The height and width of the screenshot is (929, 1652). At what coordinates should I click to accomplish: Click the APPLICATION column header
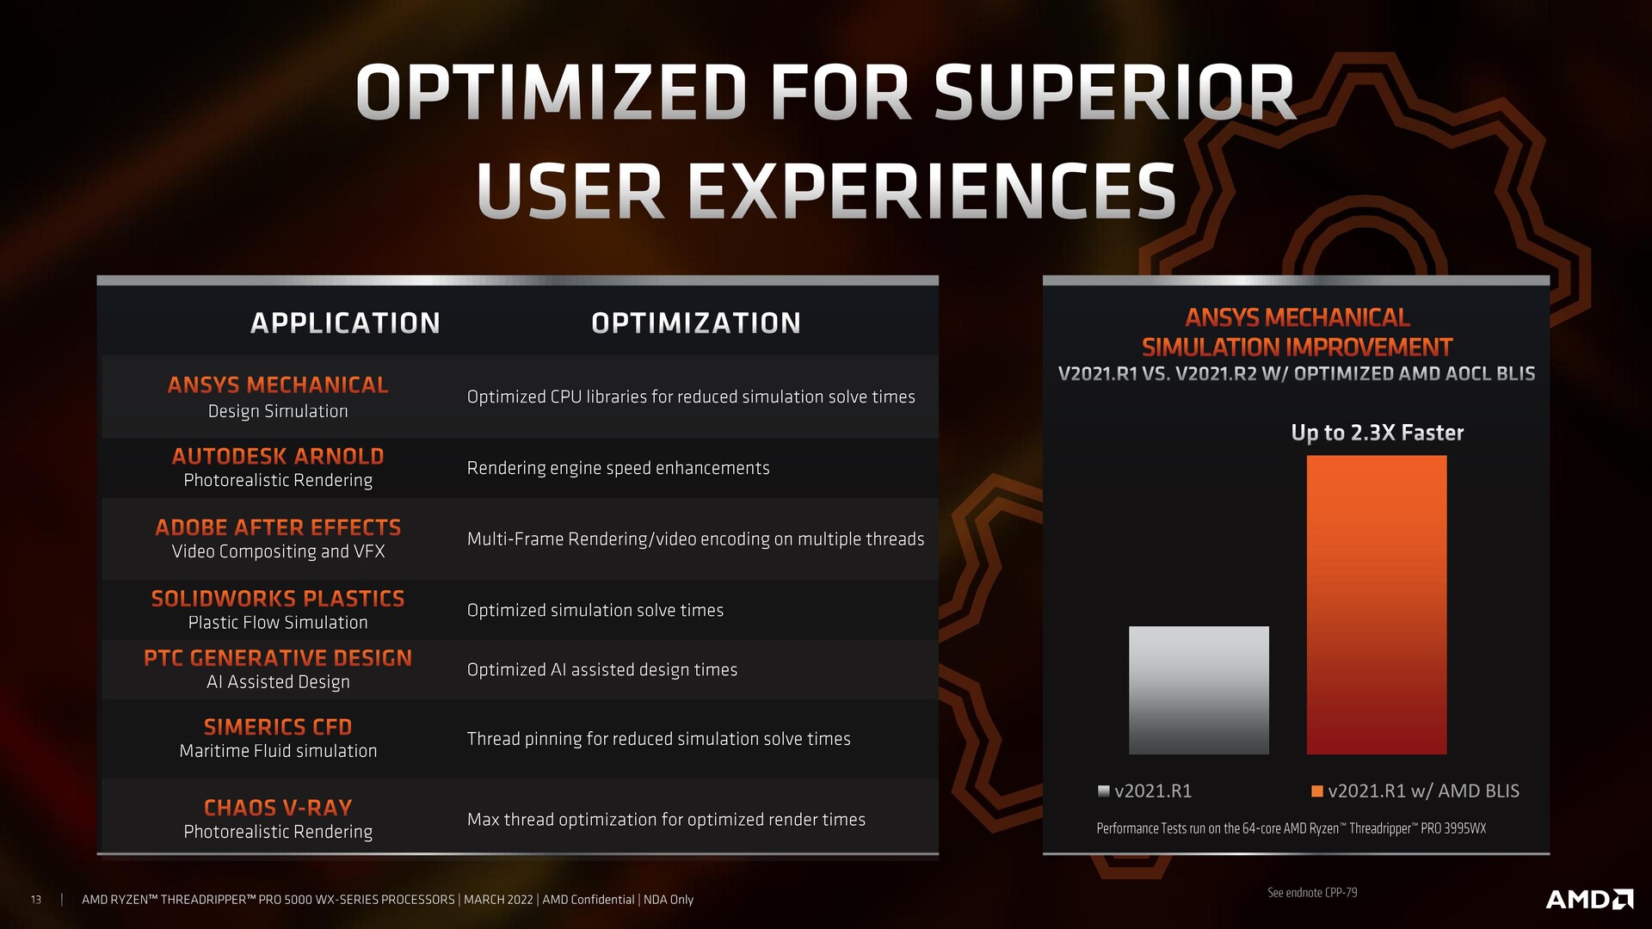(x=345, y=323)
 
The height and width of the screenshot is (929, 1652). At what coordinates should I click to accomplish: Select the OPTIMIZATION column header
(x=696, y=323)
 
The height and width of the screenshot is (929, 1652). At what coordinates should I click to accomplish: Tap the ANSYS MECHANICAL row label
(x=278, y=385)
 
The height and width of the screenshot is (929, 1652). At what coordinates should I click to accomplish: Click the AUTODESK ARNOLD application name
(x=278, y=456)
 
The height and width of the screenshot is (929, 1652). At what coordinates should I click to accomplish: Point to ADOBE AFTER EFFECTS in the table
(x=278, y=527)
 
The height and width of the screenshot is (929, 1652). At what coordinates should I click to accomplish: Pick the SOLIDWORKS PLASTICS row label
(x=278, y=598)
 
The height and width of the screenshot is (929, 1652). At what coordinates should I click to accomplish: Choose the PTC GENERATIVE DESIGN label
(x=278, y=658)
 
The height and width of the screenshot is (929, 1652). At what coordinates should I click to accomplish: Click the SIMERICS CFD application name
(x=278, y=727)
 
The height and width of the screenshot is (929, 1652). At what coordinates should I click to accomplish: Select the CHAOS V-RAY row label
(x=278, y=808)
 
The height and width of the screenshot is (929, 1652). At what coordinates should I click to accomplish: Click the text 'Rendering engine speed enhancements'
(x=619, y=468)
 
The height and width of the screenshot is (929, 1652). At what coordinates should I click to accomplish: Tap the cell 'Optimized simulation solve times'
(x=595, y=610)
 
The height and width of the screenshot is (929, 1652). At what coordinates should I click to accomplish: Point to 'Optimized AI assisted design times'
(x=602, y=669)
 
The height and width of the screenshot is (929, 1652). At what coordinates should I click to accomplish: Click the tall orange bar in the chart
(x=1377, y=605)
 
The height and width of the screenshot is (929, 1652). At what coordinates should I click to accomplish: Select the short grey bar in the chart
(x=1199, y=690)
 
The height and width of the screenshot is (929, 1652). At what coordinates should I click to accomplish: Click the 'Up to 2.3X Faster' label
(x=1378, y=433)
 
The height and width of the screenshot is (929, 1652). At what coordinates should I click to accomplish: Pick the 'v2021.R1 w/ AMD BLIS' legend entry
(x=1415, y=791)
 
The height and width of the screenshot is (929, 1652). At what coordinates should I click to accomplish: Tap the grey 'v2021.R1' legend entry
(x=1145, y=791)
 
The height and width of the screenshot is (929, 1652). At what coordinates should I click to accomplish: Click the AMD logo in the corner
(x=1589, y=899)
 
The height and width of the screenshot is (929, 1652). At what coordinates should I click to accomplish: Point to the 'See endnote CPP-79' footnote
(x=1312, y=893)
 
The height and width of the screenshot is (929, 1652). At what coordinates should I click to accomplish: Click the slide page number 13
(x=36, y=900)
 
